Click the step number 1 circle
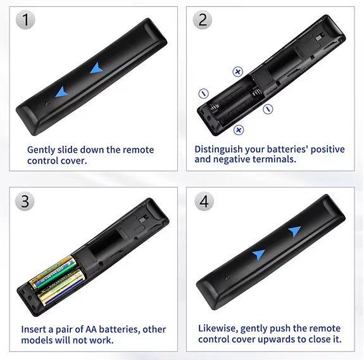click(25, 20)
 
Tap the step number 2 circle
click(203, 20)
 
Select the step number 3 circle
click(25, 202)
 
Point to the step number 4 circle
click(203, 202)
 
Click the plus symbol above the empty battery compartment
click(238, 72)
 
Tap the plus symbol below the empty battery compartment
click(239, 130)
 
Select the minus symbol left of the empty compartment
click(203, 93)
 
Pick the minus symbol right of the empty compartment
click(268, 108)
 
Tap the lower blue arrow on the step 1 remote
click(61, 93)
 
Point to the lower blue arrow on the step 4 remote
click(258, 254)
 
